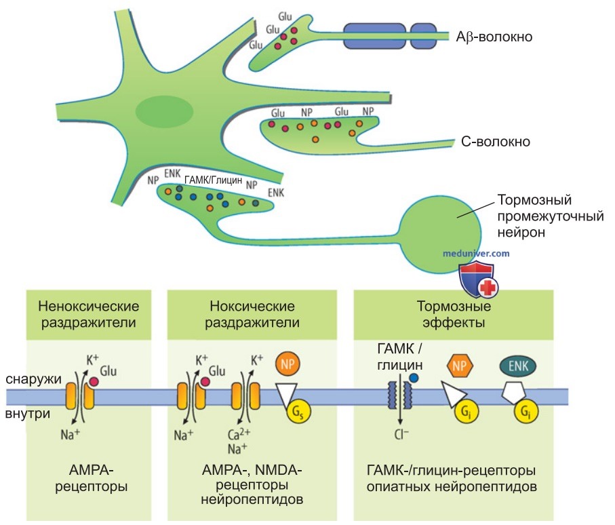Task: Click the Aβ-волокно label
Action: click(494, 37)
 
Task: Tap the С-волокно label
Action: click(496, 141)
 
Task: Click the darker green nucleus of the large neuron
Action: click(164, 111)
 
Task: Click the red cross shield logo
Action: click(478, 281)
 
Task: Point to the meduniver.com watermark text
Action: click(476, 254)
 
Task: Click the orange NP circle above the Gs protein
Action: click(287, 364)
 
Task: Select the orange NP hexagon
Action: click(460, 366)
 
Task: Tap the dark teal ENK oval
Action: click(518, 366)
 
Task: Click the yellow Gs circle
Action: click(299, 412)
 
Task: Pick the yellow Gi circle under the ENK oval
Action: click(526, 411)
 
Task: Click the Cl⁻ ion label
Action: click(401, 434)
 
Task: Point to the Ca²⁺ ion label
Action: click(239, 434)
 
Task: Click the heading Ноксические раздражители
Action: click(252, 314)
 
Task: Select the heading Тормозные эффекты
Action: click(454, 314)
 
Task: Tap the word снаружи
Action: click(34, 379)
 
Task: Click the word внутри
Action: click(27, 414)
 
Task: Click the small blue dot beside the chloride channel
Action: click(414, 378)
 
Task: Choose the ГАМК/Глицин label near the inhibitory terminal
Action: click(213, 180)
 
